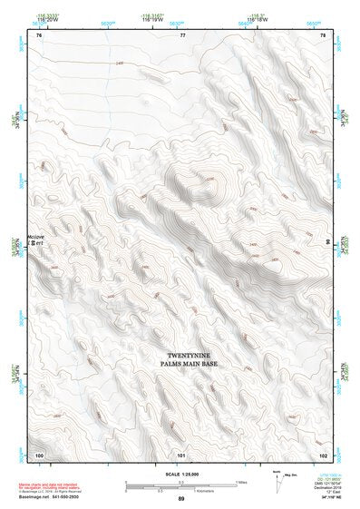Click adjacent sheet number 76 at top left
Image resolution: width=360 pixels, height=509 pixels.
[x=39, y=34]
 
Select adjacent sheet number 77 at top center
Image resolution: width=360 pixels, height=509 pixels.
[x=182, y=34]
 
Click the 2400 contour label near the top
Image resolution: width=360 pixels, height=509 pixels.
[x=119, y=63]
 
